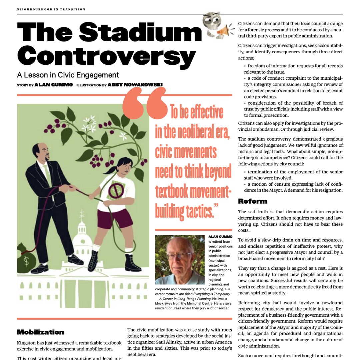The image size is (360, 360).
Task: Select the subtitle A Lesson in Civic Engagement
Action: (68, 75)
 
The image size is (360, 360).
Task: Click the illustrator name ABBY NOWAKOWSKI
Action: (135, 85)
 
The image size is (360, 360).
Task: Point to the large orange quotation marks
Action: (145, 103)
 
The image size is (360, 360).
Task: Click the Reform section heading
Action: (253, 201)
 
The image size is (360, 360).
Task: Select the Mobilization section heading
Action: (40, 332)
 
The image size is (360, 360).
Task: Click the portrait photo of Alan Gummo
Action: (180, 260)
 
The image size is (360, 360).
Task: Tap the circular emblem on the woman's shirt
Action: (116, 190)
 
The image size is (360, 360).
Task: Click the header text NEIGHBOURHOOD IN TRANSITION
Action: (51, 9)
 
